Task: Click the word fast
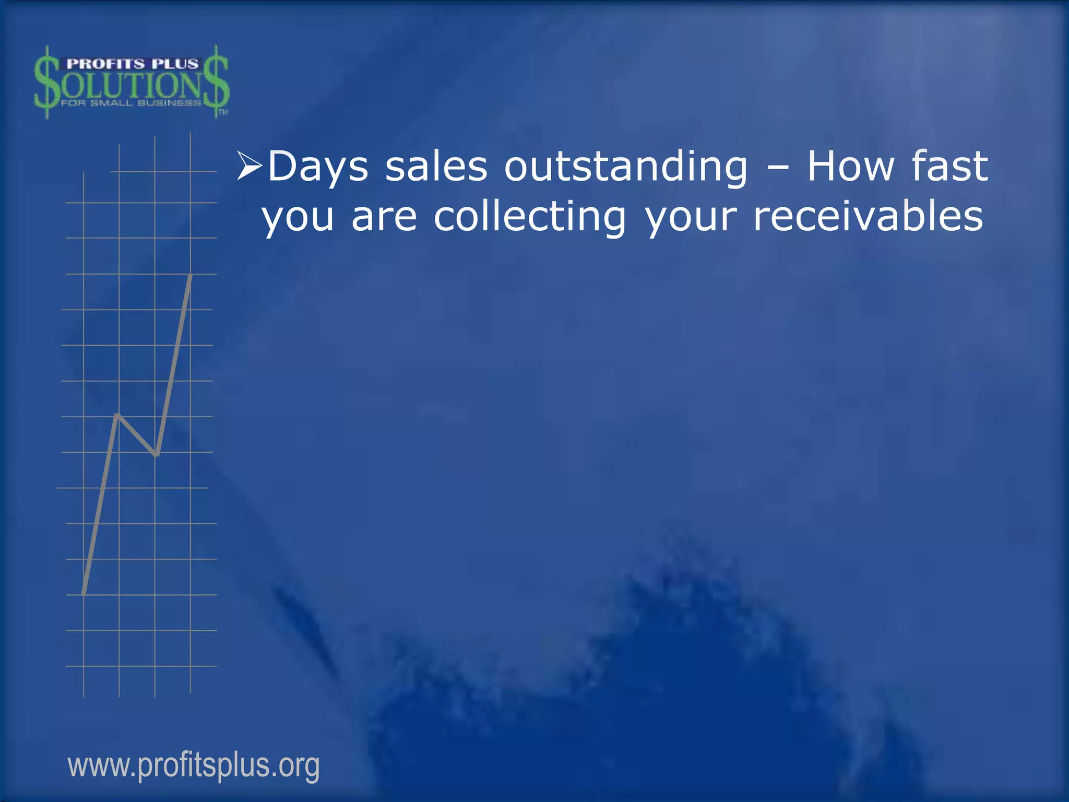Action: [949, 166]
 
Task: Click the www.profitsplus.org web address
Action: [194, 765]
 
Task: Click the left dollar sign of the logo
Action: [47, 82]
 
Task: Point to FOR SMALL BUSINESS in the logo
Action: [130, 103]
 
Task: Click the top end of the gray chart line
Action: [191, 275]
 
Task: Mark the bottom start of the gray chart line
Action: [84, 594]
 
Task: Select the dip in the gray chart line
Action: [156, 454]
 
